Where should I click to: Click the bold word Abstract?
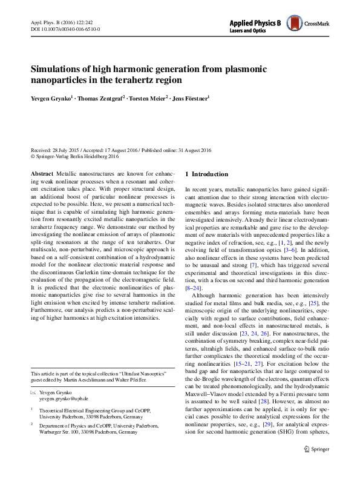point(41,173)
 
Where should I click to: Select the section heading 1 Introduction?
point(206,174)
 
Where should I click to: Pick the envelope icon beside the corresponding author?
point(34,392)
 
